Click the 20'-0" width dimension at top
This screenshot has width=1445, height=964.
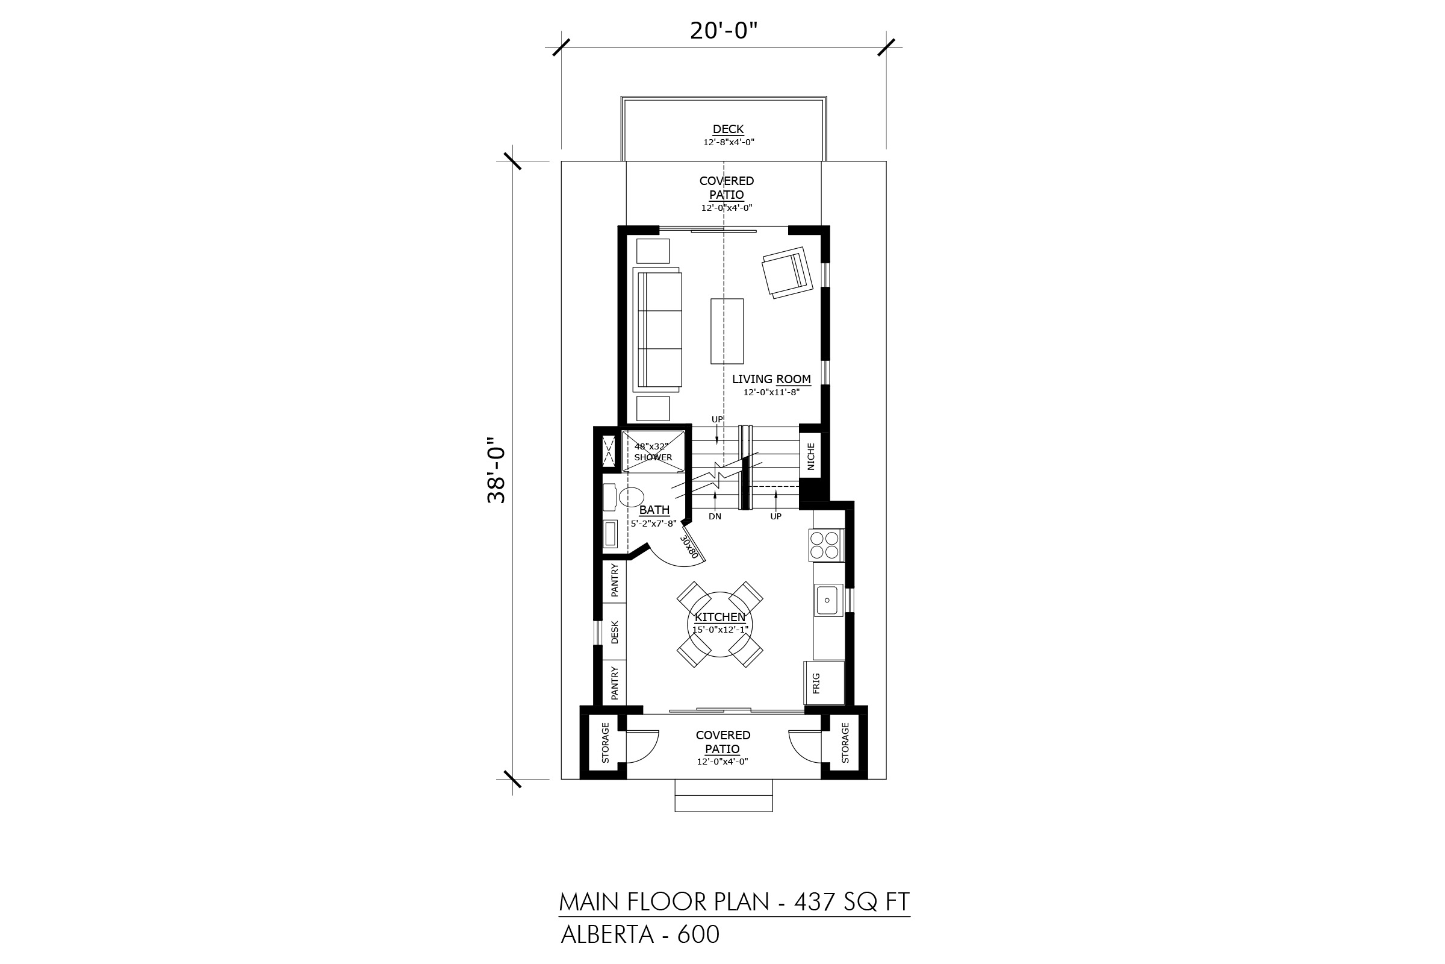pos(724,30)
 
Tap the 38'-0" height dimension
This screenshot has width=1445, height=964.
pos(496,471)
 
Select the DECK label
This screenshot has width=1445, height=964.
pos(728,129)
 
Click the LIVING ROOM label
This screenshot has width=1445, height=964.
pos(771,379)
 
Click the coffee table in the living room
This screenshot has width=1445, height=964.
pos(727,331)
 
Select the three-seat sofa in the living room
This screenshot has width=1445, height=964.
pos(657,330)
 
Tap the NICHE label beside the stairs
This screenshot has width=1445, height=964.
pos(811,456)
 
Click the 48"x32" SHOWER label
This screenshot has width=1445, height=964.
pos(653,452)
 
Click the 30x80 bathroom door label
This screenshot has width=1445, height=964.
pos(689,546)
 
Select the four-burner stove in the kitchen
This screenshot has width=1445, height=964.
pos(825,545)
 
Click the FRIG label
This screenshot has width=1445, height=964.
pos(816,683)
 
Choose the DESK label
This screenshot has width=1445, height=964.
pos(615,632)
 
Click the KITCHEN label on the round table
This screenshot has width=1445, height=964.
pos(720,616)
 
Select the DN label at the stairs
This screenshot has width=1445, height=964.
pos(715,516)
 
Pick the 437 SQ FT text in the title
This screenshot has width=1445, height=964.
pos(852,902)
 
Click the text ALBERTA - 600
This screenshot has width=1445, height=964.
pos(639,934)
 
